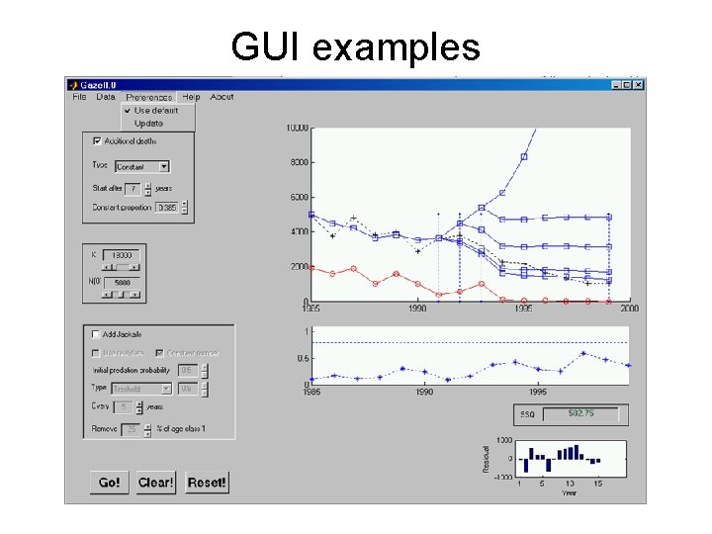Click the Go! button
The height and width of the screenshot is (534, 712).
tap(109, 483)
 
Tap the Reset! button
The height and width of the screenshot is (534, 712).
tap(207, 483)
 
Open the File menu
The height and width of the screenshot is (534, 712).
tap(79, 97)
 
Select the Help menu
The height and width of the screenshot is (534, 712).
tap(191, 97)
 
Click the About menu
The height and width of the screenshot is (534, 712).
tap(222, 97)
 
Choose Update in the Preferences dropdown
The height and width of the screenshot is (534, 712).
tap(148, 124)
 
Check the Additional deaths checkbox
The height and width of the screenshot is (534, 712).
tap(97, 141)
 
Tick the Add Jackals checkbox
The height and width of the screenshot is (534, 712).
tap(96, 334)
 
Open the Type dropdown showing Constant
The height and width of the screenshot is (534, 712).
tap(142, 166)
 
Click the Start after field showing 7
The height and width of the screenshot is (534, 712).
tap(133, 188)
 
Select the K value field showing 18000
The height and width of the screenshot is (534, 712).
tap(121, 254)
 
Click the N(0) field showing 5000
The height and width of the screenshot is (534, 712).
tap(121, 283)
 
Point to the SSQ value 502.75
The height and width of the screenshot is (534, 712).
tap(579, 413)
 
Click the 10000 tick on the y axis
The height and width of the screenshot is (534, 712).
tap(296, 128)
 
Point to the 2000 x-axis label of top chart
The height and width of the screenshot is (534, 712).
tap(629, 309)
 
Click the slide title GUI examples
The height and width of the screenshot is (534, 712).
tap(355, 46)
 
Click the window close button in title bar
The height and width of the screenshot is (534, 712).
tap(639, 85)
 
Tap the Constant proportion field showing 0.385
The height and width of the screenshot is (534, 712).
tap(167, 208)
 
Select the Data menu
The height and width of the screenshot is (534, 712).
tap(106, 97)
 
